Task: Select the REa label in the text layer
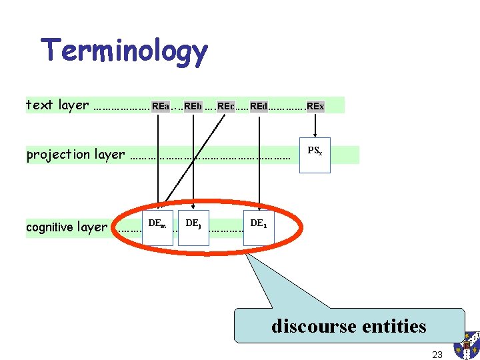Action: [160, 106]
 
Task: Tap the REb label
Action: [193, 106]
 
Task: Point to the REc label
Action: [226, 106]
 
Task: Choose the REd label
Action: [259, 106]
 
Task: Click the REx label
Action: [315, 106]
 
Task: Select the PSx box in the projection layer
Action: [315, 155]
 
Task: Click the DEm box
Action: [157, 227]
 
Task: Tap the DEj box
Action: [194, 227]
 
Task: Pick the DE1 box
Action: [259, 227]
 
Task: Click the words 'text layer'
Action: [57, 105]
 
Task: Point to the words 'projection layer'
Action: [75, 155]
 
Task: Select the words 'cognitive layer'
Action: [67, 227]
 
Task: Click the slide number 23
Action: [437, 355]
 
